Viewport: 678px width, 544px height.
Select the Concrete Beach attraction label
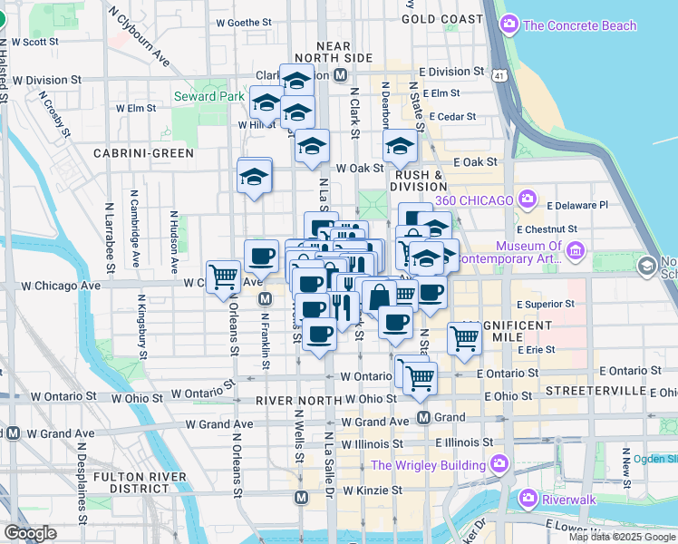(580, 25)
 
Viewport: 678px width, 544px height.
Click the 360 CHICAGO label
(473, 199)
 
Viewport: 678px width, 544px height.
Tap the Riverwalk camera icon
(528, 499)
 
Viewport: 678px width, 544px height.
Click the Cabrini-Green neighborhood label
(144, 153)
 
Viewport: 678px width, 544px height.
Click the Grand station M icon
(423, 417)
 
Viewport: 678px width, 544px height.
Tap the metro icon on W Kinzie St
(302, 497)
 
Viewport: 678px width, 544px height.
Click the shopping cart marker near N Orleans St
(223, 277)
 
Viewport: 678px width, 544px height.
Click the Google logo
(30, 533)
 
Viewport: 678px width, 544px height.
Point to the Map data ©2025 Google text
(623, 537)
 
